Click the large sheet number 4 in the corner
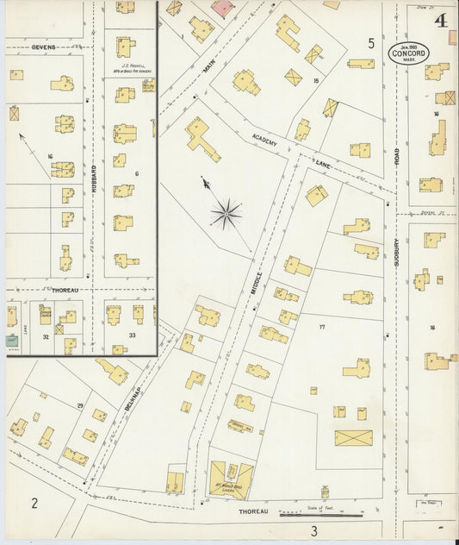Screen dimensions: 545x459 [442, 22]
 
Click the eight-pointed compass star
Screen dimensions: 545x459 [226, 210]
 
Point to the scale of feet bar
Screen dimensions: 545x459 [325, 516]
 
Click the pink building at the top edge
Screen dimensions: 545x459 [221, 8]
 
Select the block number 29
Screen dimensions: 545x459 [80, 405]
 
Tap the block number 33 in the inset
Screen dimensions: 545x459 [133, 335]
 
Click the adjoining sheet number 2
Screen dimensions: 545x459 [35, 504]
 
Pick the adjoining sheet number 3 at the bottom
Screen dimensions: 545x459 [314, 529]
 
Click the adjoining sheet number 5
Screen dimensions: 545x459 [371, 42]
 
